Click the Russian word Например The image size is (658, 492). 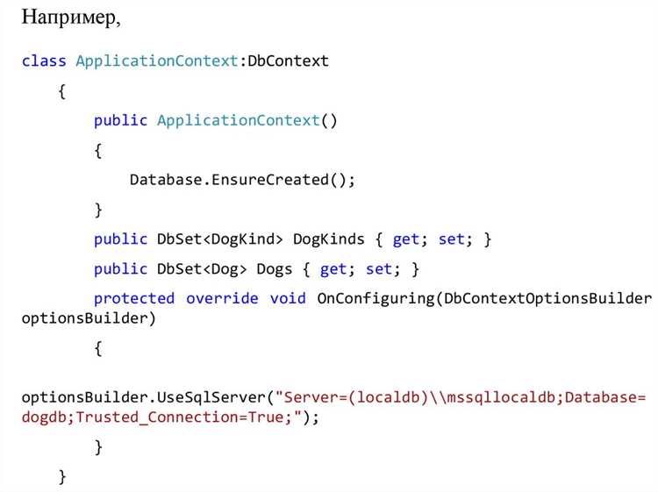tap(69, 18)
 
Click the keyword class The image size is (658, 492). tap(44, 61)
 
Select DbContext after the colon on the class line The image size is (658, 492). tap(288, 61)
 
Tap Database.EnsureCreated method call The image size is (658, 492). tap(242, 180)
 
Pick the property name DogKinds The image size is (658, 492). tap(329, 239)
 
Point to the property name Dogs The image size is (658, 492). tap(274, 269)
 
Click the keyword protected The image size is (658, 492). tap(134, 299)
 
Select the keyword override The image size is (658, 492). tap(222, 299)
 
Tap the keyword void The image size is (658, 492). tap(288, 299)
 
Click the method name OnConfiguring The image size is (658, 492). tap(375, 299)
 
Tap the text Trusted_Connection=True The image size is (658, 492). tap(180, 417)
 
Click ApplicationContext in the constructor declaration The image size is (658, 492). tap(239, 121)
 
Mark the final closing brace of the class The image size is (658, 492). tap(62, 477)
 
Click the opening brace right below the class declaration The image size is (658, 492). tap(62, 91)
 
